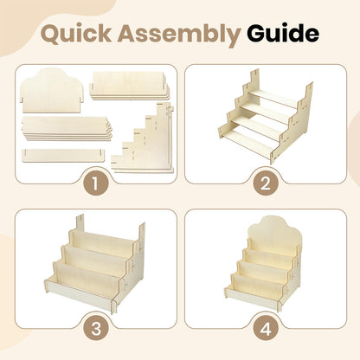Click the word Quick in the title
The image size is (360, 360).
point(76,34)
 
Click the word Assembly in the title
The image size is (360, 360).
point(178,35)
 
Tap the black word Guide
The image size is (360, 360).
point(283,34)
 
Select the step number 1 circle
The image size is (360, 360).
point(96,183)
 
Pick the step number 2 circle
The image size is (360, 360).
point(266,183)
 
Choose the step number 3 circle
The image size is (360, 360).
point(96,329)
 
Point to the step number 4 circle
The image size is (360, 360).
point(266,329)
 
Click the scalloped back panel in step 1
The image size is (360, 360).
point(52,90)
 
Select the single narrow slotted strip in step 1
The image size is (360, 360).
point(63,155)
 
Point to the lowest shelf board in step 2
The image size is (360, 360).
point(250,138)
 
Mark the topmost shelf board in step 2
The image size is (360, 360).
point(273,98)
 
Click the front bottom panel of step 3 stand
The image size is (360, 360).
point(80,293)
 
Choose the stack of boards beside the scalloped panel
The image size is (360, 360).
point(129,86)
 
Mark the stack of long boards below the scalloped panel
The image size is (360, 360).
point(67,128)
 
